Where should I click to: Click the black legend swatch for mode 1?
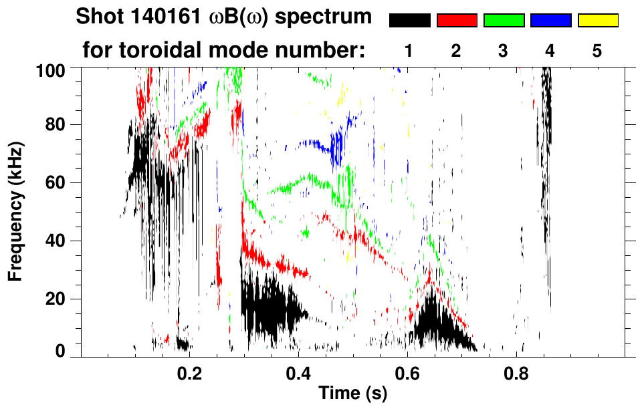(409, 21)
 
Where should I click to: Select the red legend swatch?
(457, 21)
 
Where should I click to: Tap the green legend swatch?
(504, 21)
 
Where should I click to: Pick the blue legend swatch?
(550, 21)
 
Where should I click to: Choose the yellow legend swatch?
(597, 21)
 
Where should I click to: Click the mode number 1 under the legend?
(409, 51)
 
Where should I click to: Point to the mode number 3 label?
(504, 51)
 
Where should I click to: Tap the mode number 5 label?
(597, 51)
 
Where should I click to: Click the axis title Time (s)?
(352, 394)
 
